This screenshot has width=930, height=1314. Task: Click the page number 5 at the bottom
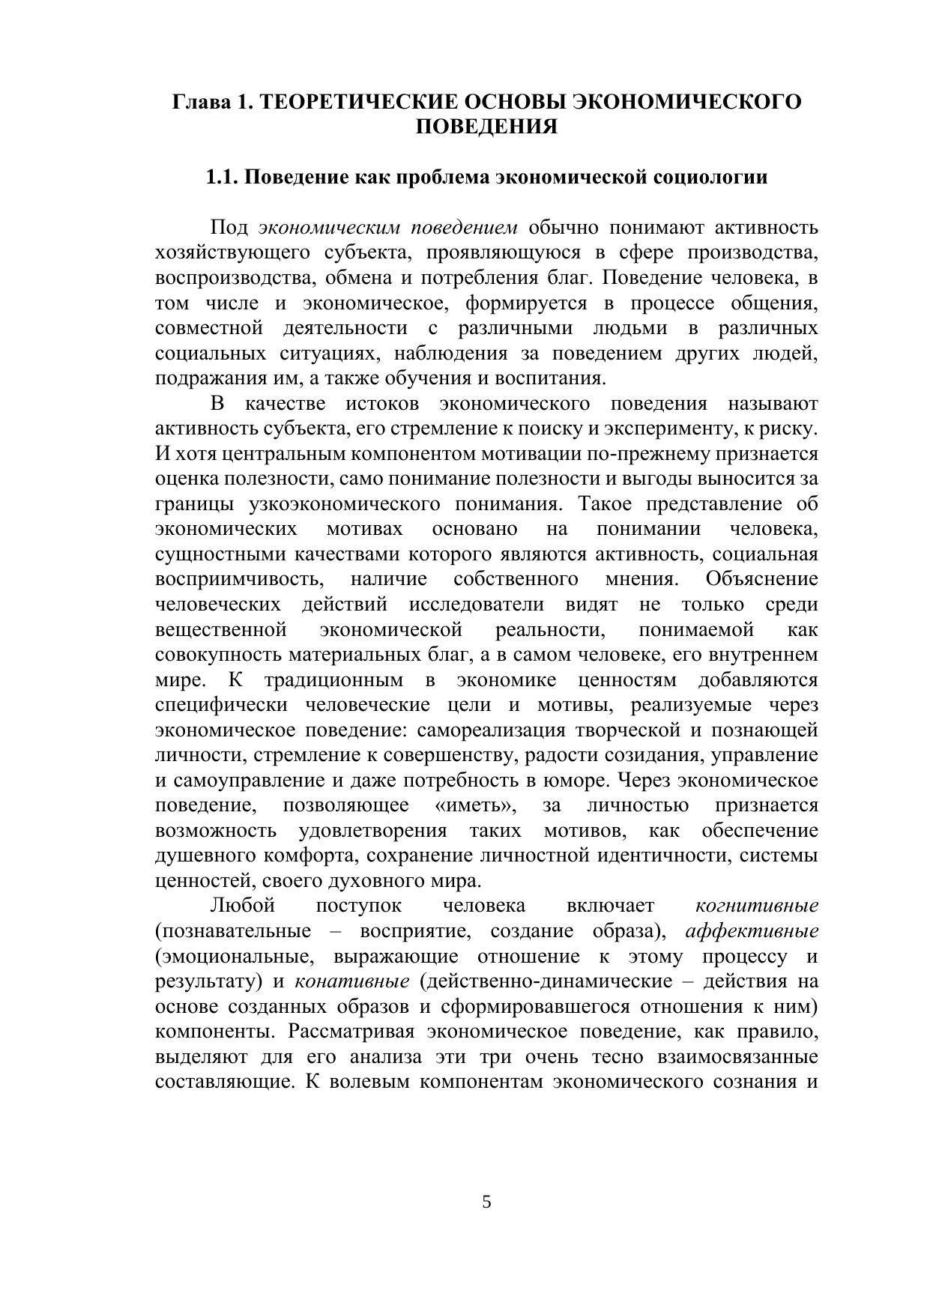click(x=486, y=1202)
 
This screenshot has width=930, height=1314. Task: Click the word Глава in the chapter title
click(x=202, y=101)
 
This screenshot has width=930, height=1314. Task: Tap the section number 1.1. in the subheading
click(x=223, y=178)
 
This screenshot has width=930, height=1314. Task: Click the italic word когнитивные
click(x=757, y=906)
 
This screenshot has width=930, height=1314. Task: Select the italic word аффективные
click(x=752, y=931)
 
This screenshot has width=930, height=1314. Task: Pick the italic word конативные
click(x=352, y=981)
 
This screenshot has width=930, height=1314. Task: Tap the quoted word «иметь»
click(x=476, y=805)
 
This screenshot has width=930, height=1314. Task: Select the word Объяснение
click(x=761, y=579)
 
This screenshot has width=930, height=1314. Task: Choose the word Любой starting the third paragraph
click(x=243, y=906)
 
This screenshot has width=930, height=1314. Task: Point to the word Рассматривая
click(x=351, y=1032)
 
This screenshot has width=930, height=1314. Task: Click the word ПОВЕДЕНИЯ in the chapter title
click(x=486, y=127)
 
